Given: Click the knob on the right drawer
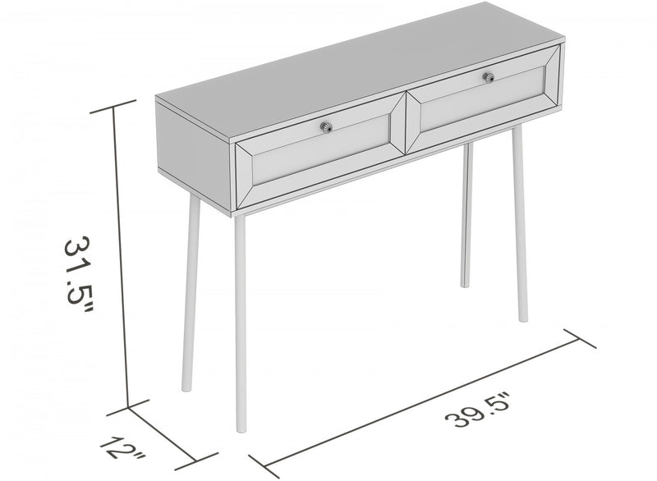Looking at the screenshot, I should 488,77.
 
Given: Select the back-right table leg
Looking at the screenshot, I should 466,213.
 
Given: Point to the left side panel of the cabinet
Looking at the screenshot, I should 195,146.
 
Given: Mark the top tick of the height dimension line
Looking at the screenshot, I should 115,108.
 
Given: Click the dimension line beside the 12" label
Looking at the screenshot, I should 163,432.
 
